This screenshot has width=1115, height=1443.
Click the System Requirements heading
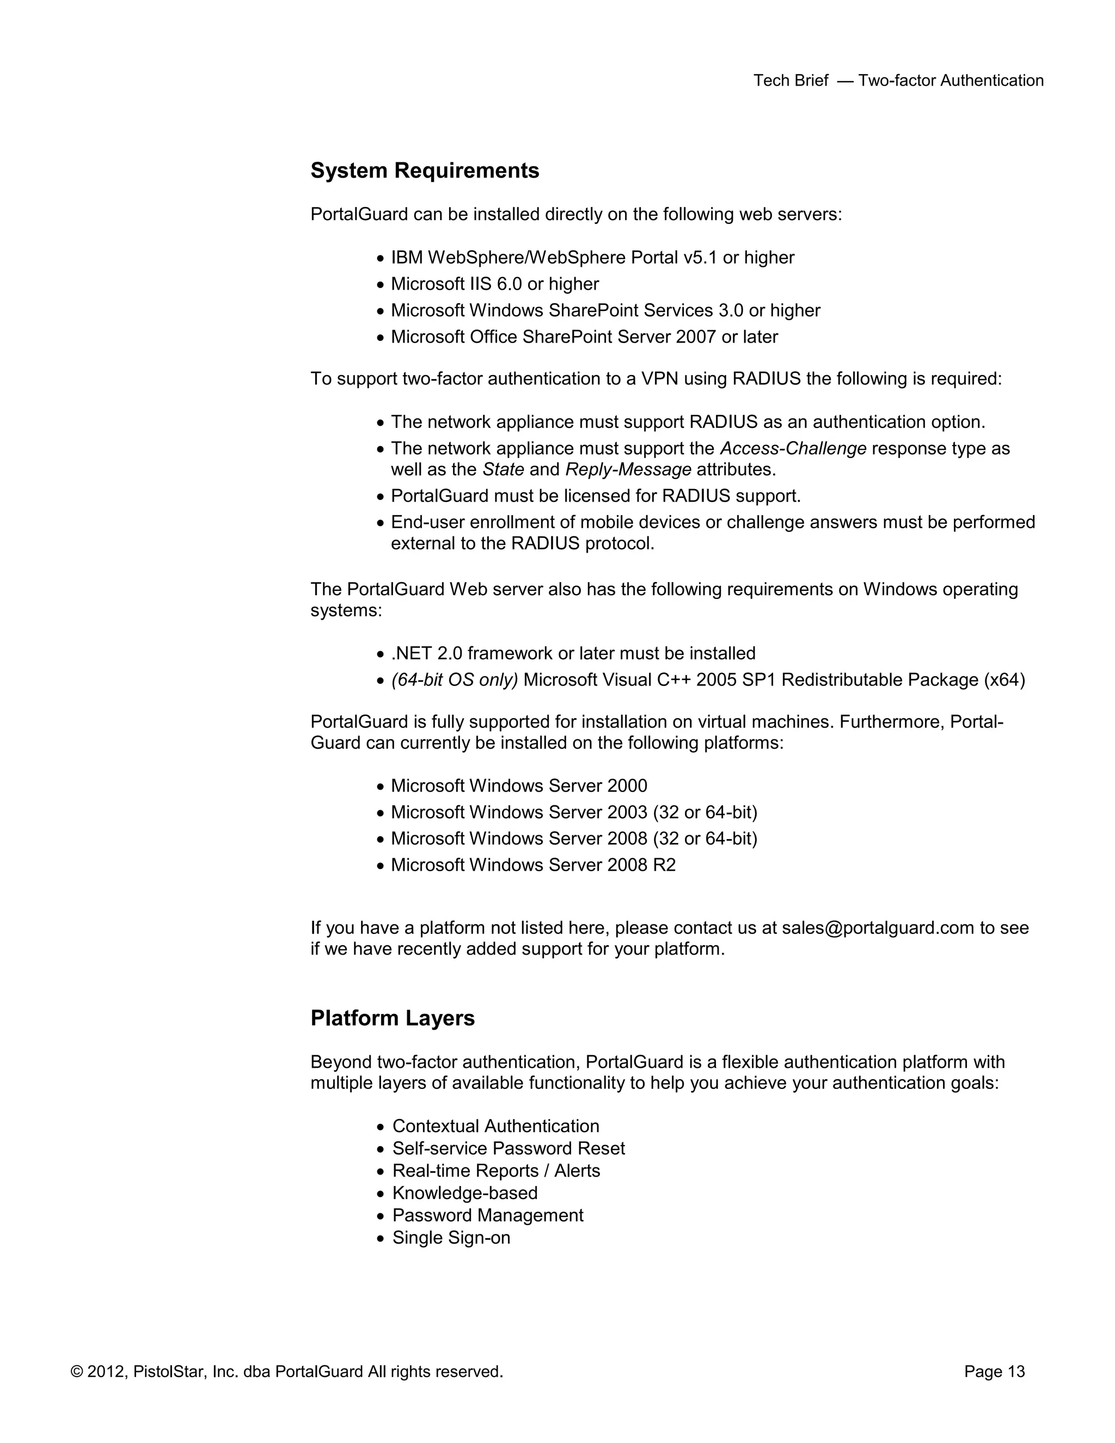point(425,170)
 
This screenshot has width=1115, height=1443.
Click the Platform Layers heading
point(393,1018)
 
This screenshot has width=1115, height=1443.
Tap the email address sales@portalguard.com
point(878,928)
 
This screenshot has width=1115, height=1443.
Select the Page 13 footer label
point(994,1372)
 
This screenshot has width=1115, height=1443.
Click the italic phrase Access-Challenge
point(793,448)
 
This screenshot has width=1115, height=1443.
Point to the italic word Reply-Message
point(628,470)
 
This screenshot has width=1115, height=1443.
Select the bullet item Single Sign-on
point(451,1238)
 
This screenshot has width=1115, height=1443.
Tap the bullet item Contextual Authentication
point(495,1126)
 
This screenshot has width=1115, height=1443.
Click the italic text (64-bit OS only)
point(455,680)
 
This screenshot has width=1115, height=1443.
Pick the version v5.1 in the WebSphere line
point(700,258)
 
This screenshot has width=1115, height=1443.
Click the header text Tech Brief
point(791,81)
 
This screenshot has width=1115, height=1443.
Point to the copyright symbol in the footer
point(77,1372)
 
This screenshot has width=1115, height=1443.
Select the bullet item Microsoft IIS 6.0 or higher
point(495,284)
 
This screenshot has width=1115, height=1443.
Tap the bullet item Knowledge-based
point(465,1193)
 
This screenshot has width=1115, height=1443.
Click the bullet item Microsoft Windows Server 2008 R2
point(533,865)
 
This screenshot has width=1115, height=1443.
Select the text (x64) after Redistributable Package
point(1004,680)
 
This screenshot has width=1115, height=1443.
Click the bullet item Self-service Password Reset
point(508,1148)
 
